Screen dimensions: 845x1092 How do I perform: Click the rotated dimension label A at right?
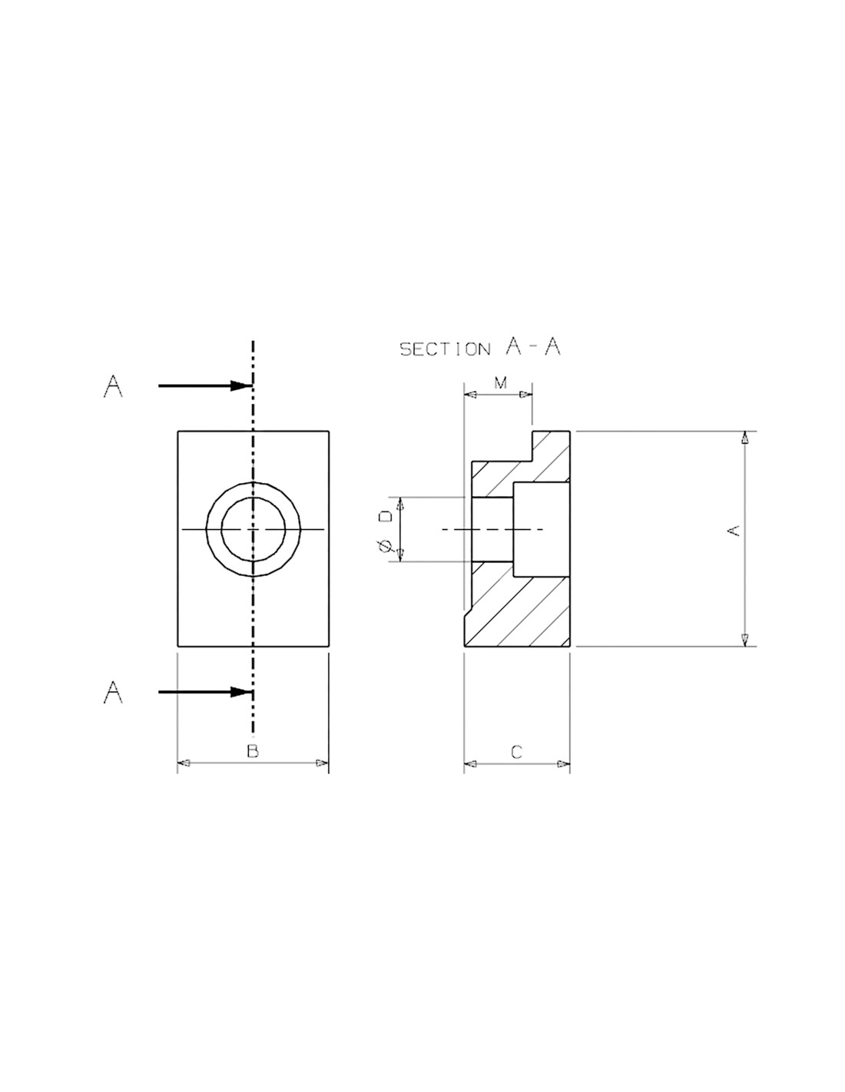pos(734,530)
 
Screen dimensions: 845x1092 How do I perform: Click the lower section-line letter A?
pos(113,692)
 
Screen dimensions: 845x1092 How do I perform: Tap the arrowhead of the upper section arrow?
pos(240,386)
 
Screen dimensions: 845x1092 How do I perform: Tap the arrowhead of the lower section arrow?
pos(240,692)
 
